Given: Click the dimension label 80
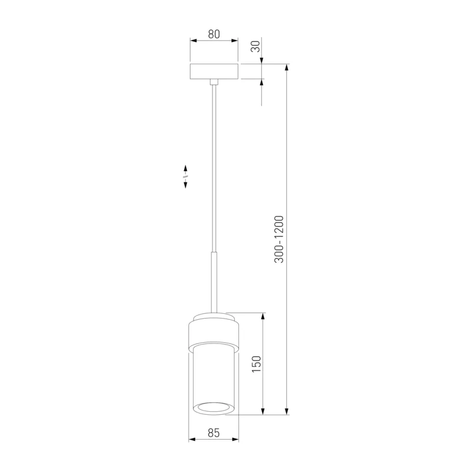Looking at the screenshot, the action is [x=214, y=34].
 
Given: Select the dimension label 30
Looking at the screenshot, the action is [x=255, y=47].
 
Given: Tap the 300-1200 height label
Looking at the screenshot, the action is [x=279, y=240].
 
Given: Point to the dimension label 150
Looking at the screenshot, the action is [x=257, y=364].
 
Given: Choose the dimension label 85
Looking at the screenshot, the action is [x=214, y=433].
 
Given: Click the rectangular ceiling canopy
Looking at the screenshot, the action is [x=214, y=71].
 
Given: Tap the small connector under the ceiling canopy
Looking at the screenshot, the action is [x=214, y=82].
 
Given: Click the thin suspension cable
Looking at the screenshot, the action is [x=214, y=169].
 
